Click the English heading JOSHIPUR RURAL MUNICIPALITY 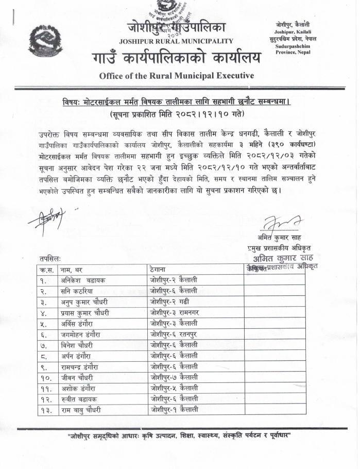click(176, 41)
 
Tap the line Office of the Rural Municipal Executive click(176, 75)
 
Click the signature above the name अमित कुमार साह click(278, 224)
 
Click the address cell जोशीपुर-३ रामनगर click(174, 312)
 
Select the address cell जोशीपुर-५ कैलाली click(174, 388)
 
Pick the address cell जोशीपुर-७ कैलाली click(174, 377)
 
